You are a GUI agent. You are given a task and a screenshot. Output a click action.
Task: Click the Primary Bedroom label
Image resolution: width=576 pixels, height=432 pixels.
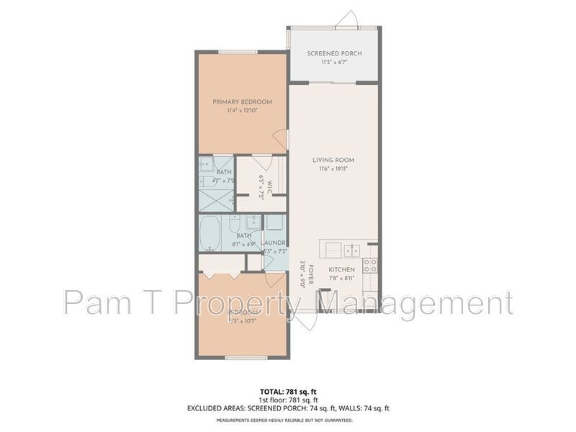click(x=242, y=102)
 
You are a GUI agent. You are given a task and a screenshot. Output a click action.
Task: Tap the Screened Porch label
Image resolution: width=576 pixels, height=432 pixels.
click(x=334, y=54)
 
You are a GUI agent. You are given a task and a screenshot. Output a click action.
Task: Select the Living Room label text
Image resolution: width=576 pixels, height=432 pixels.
click(x=333, y=160)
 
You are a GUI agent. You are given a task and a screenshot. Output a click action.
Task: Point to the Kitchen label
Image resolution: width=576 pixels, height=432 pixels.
click(x=342, y=269)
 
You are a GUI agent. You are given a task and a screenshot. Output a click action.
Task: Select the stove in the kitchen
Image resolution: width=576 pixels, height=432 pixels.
click(x=370, y=265)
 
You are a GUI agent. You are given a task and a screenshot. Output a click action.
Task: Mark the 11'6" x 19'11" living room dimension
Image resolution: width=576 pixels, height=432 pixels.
click(x=333, y=168)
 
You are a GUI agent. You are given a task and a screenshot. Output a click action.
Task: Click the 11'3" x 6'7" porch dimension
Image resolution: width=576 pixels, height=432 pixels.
click(x=334, y=63)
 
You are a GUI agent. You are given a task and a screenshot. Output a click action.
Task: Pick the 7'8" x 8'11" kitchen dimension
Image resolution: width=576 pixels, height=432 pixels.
click(x=342, y=278)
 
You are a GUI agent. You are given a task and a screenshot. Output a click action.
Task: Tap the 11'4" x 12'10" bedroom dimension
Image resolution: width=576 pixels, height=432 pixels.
click(x=241, y=111)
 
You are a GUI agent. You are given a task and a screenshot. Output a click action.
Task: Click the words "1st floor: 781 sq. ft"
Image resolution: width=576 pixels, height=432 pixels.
click(x=287, y=400)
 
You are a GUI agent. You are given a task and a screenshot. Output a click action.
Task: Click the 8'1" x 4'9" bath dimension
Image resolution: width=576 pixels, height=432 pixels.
click(x=243, y=245)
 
